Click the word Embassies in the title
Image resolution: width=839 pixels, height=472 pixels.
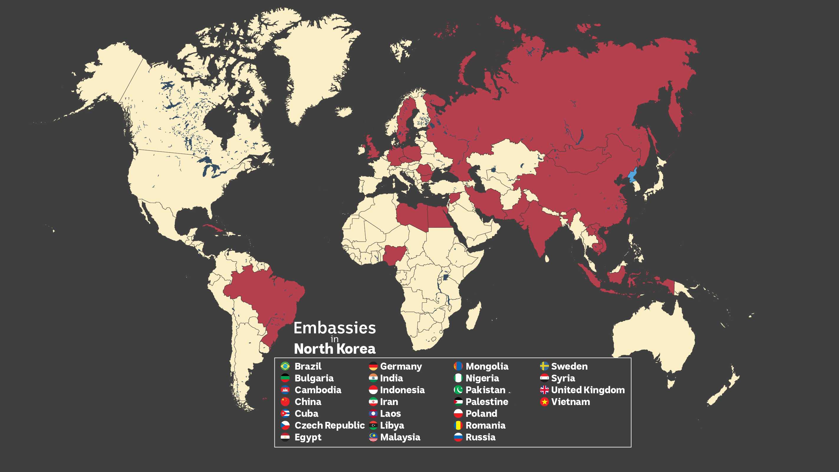pos(335,328)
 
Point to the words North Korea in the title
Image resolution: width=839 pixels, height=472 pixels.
pos(335,349)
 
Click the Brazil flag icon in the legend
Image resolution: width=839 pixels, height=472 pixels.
pos(285,366)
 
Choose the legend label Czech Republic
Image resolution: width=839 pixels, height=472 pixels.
pos(329,425)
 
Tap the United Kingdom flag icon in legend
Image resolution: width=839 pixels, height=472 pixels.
pos(544,390)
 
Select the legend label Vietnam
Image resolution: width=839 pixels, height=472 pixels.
pos(570,402)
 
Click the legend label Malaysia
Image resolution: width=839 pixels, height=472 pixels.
pos(400,437)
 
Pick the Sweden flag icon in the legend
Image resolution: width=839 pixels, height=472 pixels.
pos(544,366)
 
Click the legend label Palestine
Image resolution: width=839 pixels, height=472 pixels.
pos(487,402)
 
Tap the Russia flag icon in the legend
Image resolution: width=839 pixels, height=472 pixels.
pos(458,437)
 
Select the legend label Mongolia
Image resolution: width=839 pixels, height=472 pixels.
pos(487,366)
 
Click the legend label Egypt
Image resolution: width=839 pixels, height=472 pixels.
pos(308,437)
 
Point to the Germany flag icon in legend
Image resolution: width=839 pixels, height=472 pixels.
pos(373,366)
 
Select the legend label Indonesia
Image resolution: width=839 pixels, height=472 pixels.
pos(402,390)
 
